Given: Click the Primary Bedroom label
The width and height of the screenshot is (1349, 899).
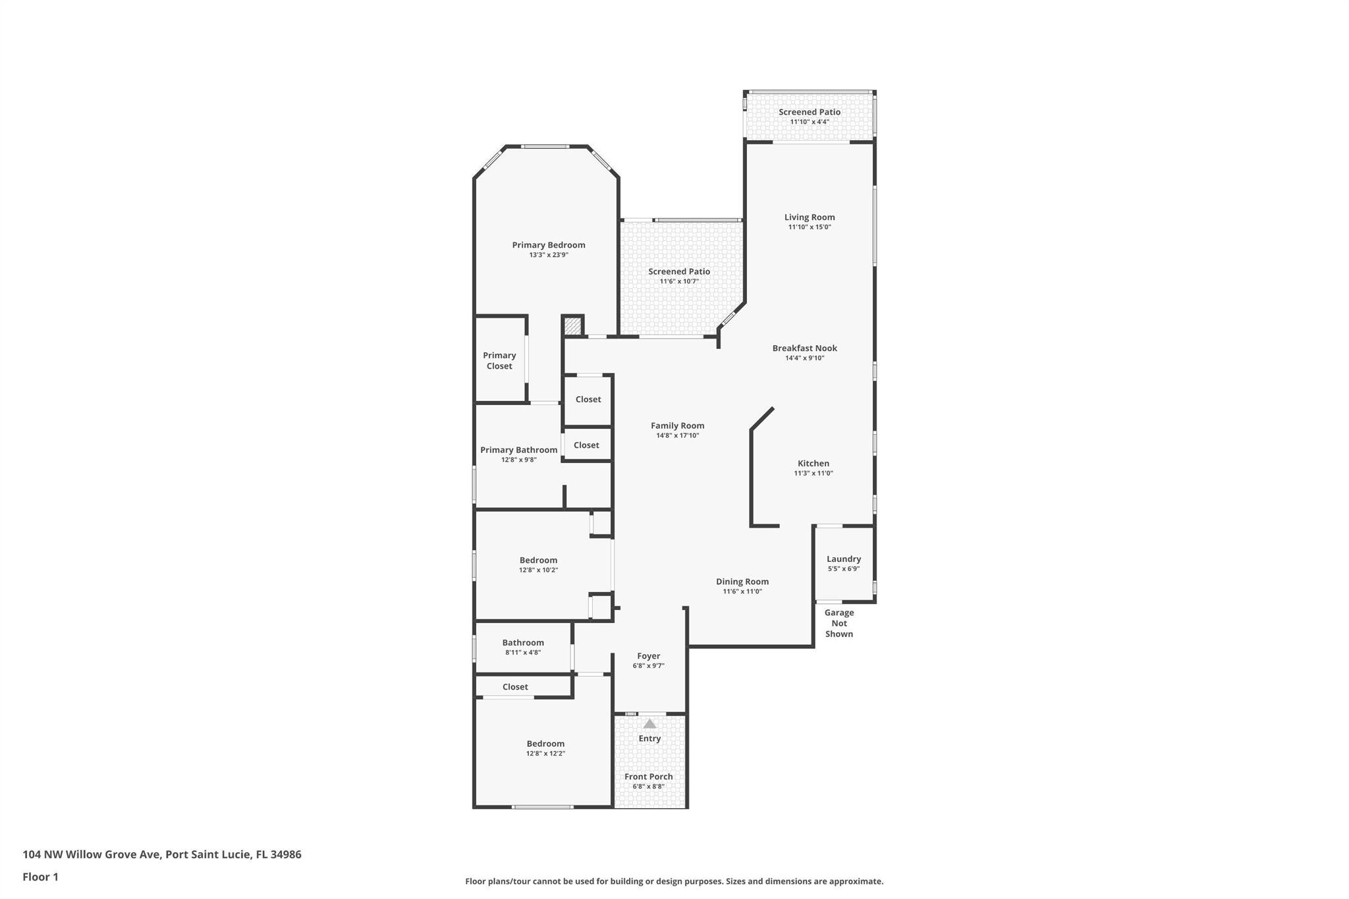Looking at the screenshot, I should [548, 245].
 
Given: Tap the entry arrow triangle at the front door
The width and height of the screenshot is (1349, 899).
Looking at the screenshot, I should [649, 723].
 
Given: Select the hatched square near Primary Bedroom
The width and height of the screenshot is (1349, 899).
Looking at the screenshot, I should [572, 325].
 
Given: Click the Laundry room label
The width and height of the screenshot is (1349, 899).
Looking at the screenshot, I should [843, 558].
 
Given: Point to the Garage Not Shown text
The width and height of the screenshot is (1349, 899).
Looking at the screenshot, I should [839, 623].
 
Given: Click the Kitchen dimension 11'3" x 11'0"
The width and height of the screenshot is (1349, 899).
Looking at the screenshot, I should [813, 473].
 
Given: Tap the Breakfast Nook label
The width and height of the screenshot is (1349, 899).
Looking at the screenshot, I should [804, 348].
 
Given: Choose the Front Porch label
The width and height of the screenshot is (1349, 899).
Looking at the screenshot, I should [648, 776].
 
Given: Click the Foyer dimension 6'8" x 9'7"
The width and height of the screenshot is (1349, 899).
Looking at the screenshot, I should [648, 666].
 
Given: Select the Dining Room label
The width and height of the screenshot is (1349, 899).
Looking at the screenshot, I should [742, 582].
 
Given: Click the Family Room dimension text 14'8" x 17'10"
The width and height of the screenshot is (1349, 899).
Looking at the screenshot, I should [677, 435].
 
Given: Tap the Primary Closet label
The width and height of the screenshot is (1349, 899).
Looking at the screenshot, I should [499, 360].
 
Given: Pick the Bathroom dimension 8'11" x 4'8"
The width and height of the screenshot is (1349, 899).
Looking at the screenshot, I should [523, 653].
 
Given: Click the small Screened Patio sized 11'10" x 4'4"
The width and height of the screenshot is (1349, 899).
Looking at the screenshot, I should [809, 116].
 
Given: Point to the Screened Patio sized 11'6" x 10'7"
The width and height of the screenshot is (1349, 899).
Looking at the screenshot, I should [678, 275].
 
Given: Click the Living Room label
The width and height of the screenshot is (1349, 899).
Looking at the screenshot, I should [809, 217].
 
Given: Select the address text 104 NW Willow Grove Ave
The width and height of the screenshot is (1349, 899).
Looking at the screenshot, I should [92, 854].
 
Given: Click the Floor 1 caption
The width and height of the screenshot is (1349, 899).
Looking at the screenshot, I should [40, 877].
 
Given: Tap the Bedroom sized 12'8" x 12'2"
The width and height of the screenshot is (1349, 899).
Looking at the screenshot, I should [545, 748].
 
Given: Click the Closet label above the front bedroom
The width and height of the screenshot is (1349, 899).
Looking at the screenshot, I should [514, 686].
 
